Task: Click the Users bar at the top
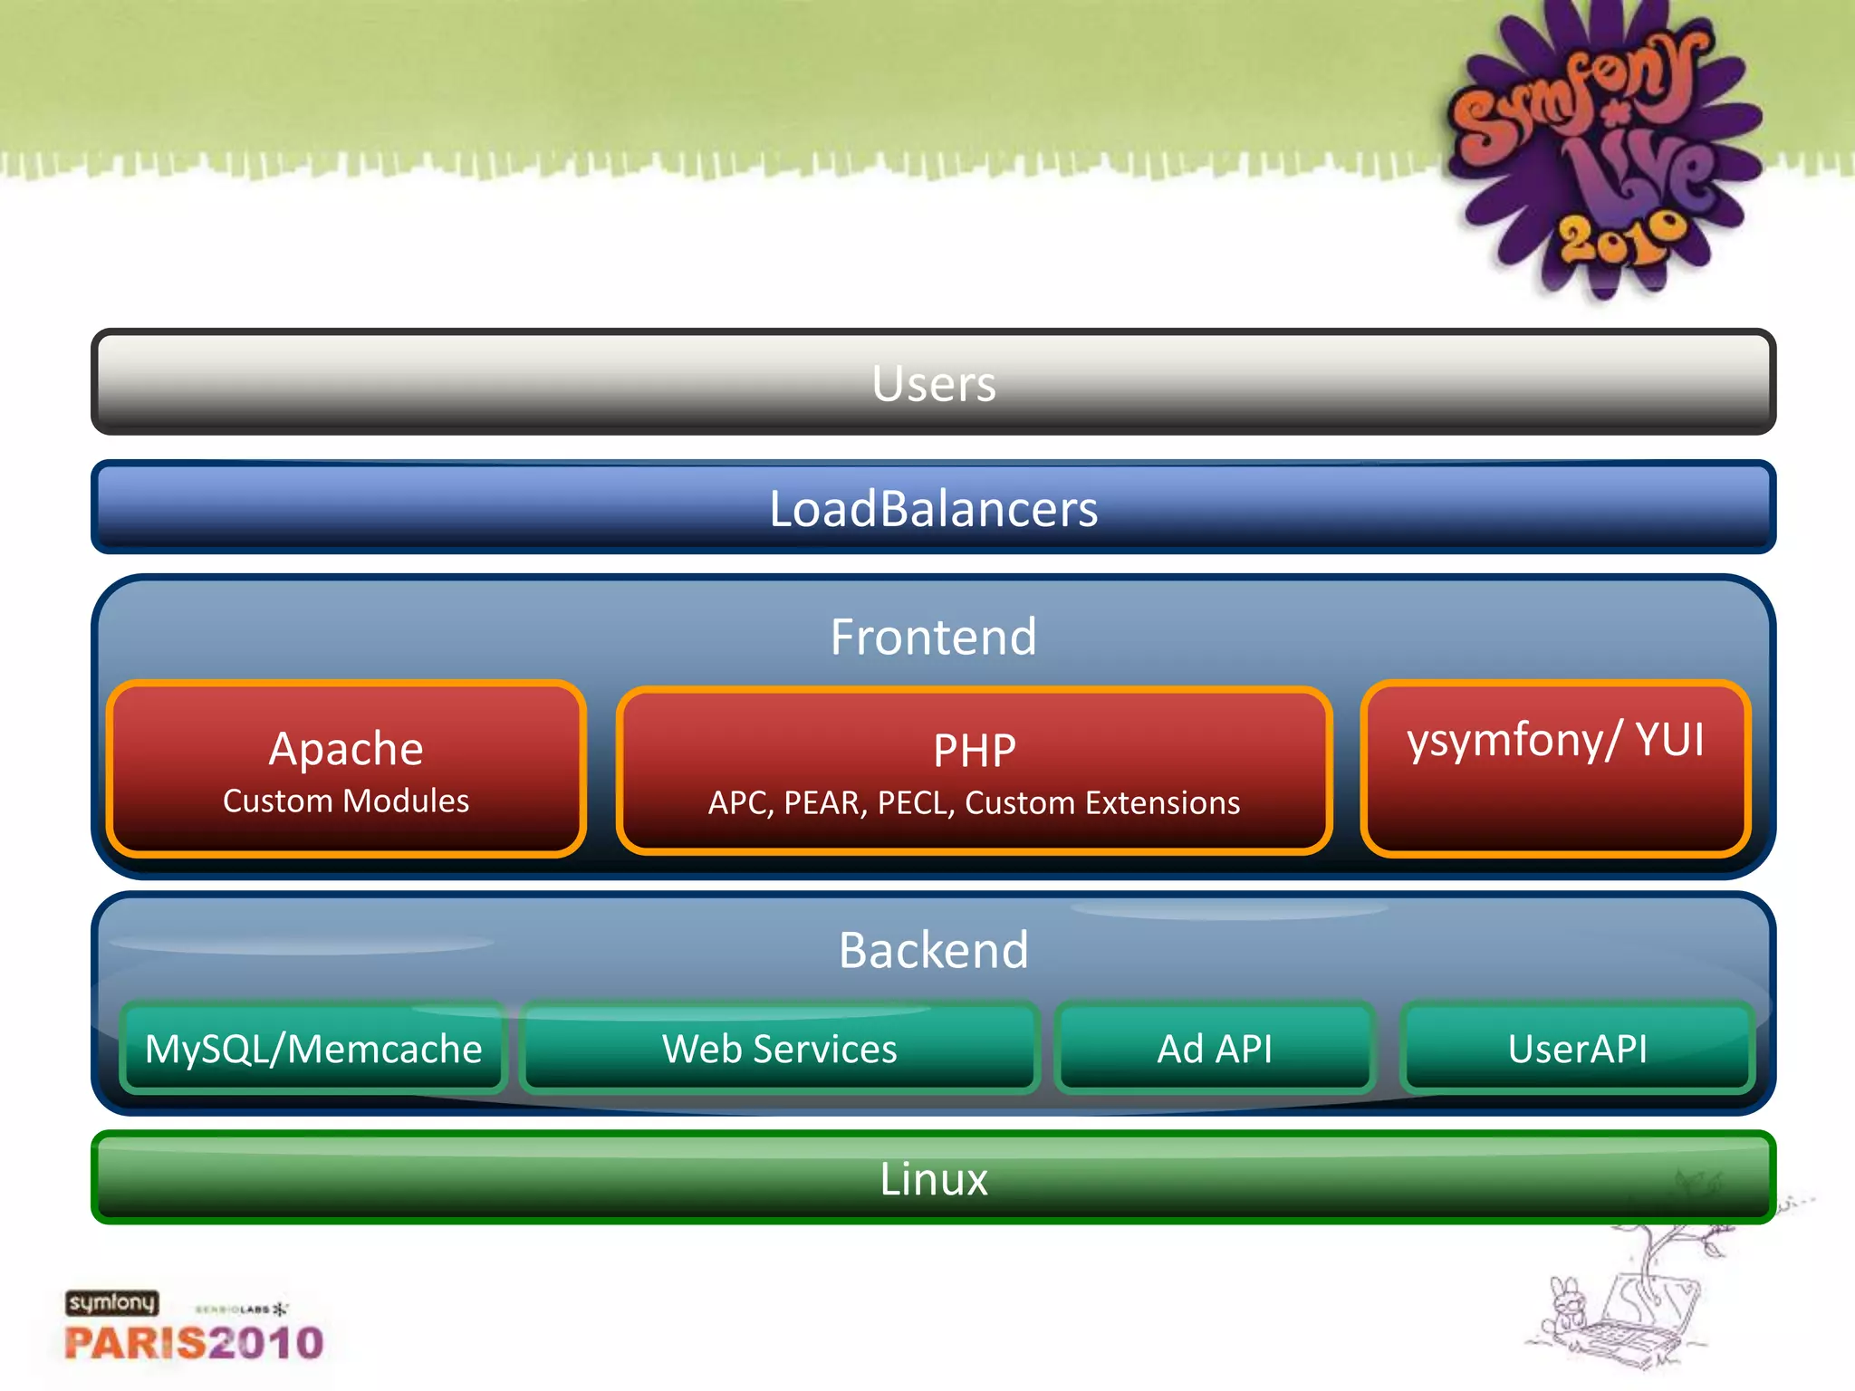(x=933, y=382)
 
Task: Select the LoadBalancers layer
(x=933, y=507)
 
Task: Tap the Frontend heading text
(x=933, y=636)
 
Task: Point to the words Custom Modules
(x=346, y=801)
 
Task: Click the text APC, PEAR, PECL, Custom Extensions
(x=974, y=803)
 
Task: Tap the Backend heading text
(x=933, y=950)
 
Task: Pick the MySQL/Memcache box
(x=313, y=1049)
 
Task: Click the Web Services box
(x=779, y=1049)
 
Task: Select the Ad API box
(x=1215, y=1049)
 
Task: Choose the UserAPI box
(x=1577, y=1049)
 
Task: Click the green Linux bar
(x=933, y=1178)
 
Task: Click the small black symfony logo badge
(x=111, y=1303)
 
